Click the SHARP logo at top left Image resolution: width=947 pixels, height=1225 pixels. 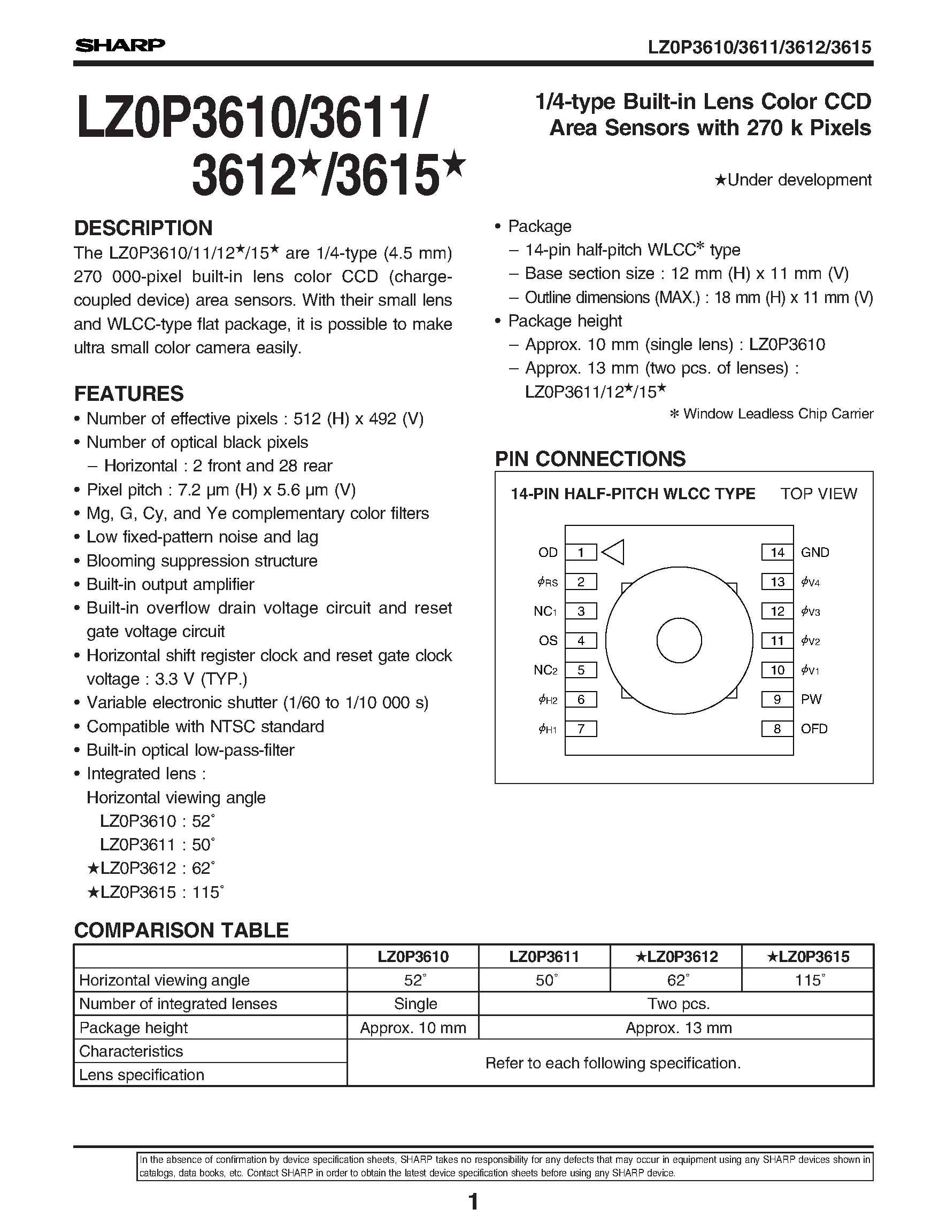coord(120,45)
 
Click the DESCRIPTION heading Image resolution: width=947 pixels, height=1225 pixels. coord(143,228)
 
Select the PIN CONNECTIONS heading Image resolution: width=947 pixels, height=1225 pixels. coord(590,459)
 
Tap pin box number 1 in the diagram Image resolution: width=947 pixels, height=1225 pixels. coord(581,553)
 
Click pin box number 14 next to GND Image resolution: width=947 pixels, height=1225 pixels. coord(777,553)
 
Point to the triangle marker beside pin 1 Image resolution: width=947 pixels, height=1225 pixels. coord(613,553)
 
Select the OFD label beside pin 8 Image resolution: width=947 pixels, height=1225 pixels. coord(814,728)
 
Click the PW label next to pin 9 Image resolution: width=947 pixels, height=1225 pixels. coord(811,700)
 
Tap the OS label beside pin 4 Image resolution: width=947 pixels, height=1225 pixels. coord(548,640)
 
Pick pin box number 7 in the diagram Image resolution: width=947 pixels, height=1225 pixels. coord(581,728)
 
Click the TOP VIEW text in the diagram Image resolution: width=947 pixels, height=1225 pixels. coord(819,494)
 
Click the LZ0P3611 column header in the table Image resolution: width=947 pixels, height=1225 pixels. coord(544,957)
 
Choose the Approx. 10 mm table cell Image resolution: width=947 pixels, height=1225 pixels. coord(413,1028)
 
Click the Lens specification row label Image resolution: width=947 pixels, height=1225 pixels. coord(141,1075)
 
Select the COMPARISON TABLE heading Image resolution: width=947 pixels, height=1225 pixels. coord(181,931)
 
